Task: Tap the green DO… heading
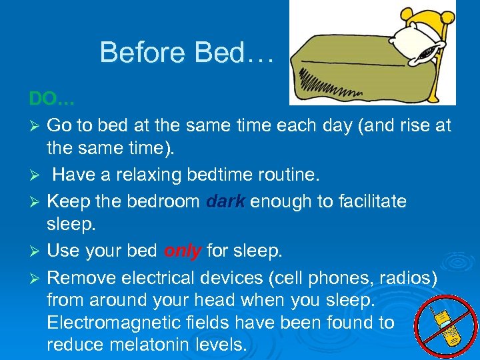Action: [52, 99]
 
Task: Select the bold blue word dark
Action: [226, 201]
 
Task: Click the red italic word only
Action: [183, 251]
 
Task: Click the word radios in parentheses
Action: [411, 276]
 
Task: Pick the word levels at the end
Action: [223, 345]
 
